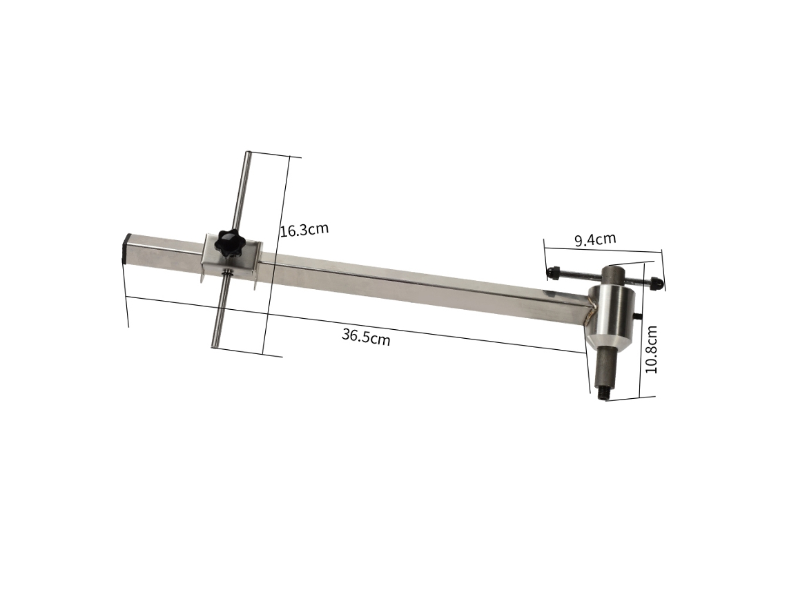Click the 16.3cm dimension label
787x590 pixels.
pyautogui.click(x=304, y=229)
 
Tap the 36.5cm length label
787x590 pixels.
pyautogui.click(x=366, y=336)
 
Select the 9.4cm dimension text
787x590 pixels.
pyautogui.click(x=595, y=239)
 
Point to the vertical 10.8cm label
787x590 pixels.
pyautogui.click(x=651, y=350)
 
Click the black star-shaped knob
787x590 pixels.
pyautogui.click(x=229, y=243)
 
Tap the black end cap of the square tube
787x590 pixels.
pyautogui.click(x=127, y=249)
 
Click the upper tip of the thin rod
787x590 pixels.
pyautogui.click(x=247, y=153)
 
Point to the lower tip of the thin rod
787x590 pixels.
pyautogui.click(x=214, y=345)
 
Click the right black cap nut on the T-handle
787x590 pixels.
pyautogui.click(x=657, y=283)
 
